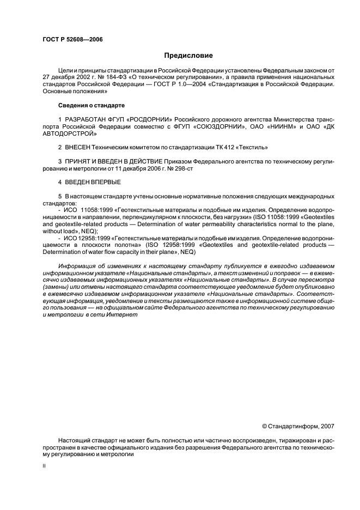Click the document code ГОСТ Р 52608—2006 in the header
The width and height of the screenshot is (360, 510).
coord(72,40)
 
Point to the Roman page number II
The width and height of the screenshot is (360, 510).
coord(44,466)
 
